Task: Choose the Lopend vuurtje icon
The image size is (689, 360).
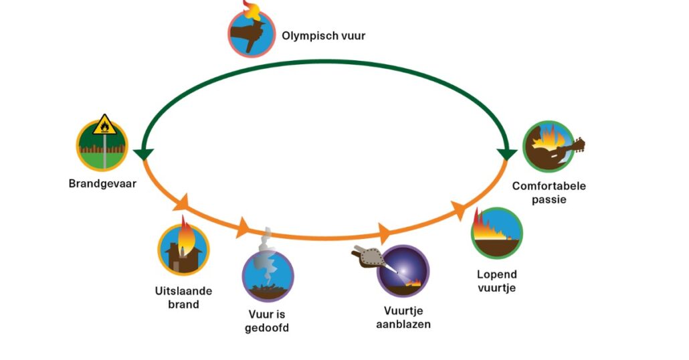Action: [496, 233]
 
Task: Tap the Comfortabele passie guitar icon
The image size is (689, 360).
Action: [549, 147]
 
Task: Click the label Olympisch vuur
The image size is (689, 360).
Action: [323, 35]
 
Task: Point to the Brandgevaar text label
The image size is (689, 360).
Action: [102, 183]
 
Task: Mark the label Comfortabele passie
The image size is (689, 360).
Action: [549, 192]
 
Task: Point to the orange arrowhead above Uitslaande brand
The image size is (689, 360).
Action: [183, 201]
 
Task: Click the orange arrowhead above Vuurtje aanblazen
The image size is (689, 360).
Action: [385, 234]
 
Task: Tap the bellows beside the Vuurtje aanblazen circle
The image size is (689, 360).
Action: [366, 258]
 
